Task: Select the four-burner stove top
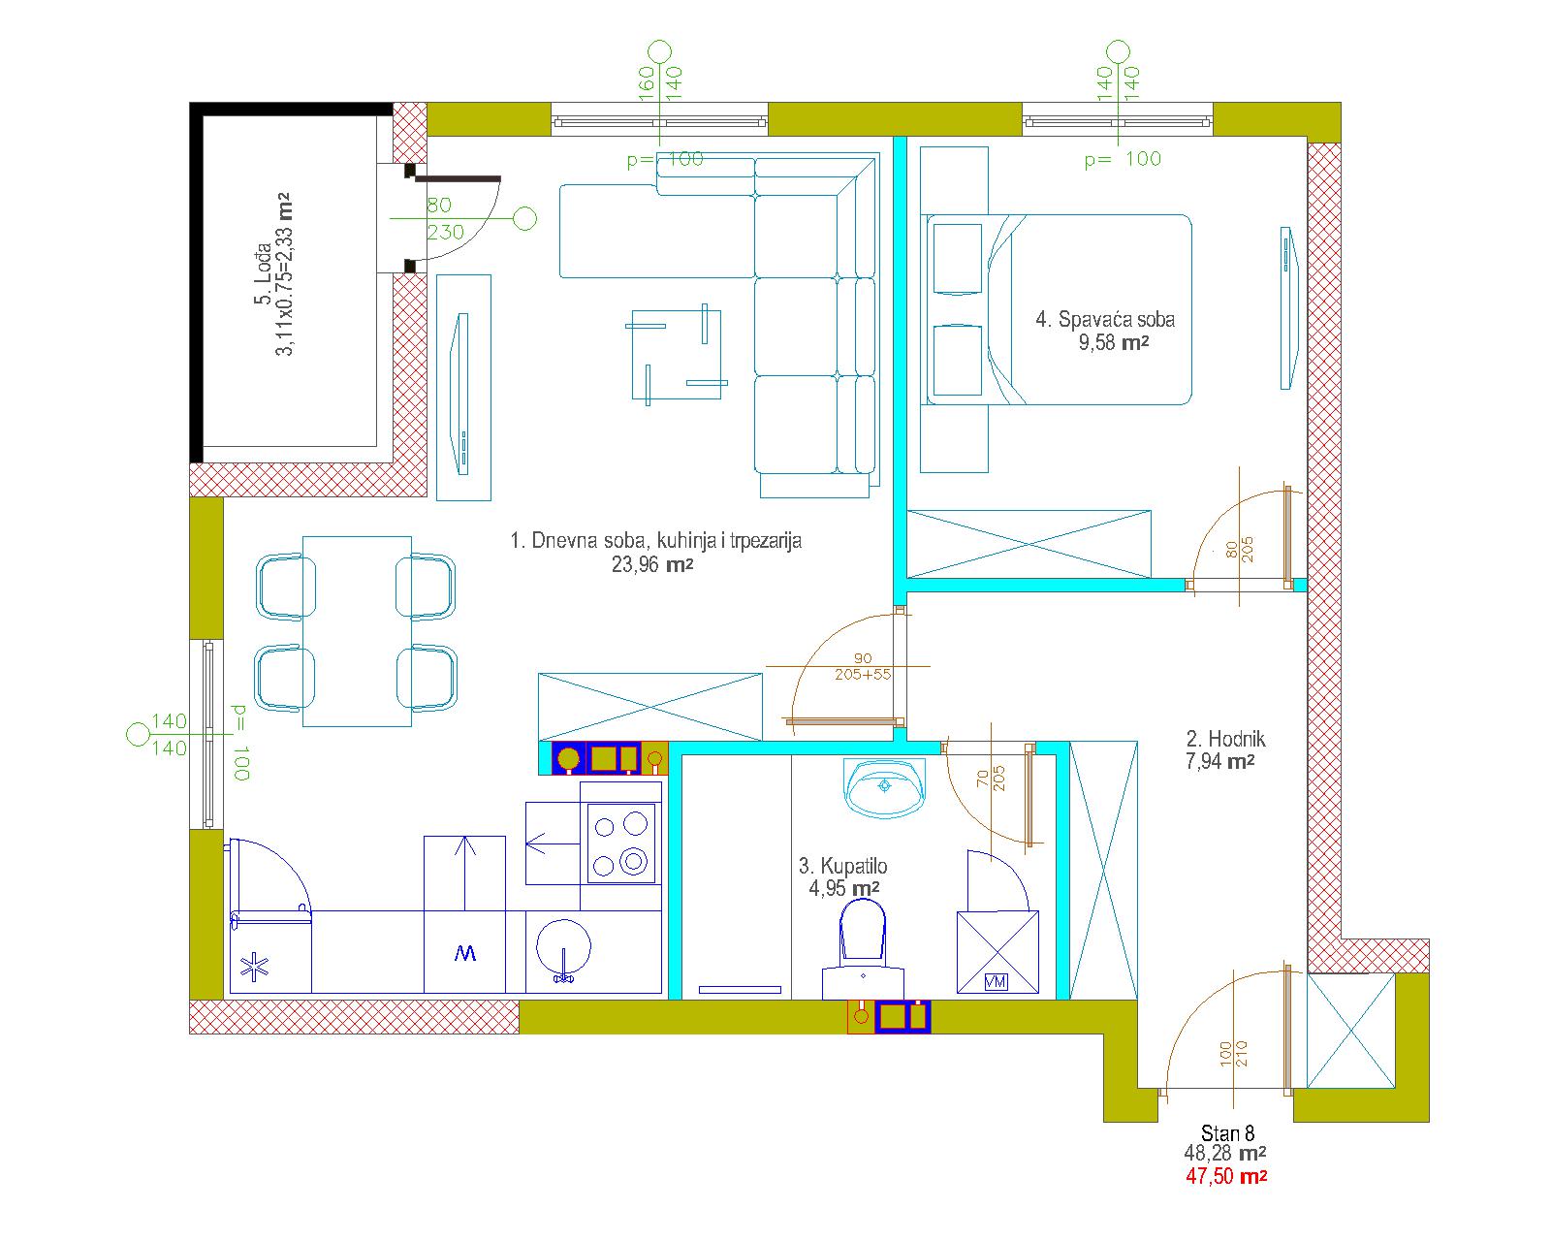coord(620,843)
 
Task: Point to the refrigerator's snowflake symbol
coord(254,967)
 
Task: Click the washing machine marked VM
coord(997,952)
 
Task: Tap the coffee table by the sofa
coord(676,354)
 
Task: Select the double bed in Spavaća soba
coord(1059,309)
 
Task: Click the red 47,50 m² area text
coord(1226,1176)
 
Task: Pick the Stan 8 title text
coord(1227,1132)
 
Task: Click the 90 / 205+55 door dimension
coord(863,666)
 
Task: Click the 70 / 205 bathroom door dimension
coord(991,779)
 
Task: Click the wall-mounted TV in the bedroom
coord(1288,308)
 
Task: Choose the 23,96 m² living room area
coord(652,564)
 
